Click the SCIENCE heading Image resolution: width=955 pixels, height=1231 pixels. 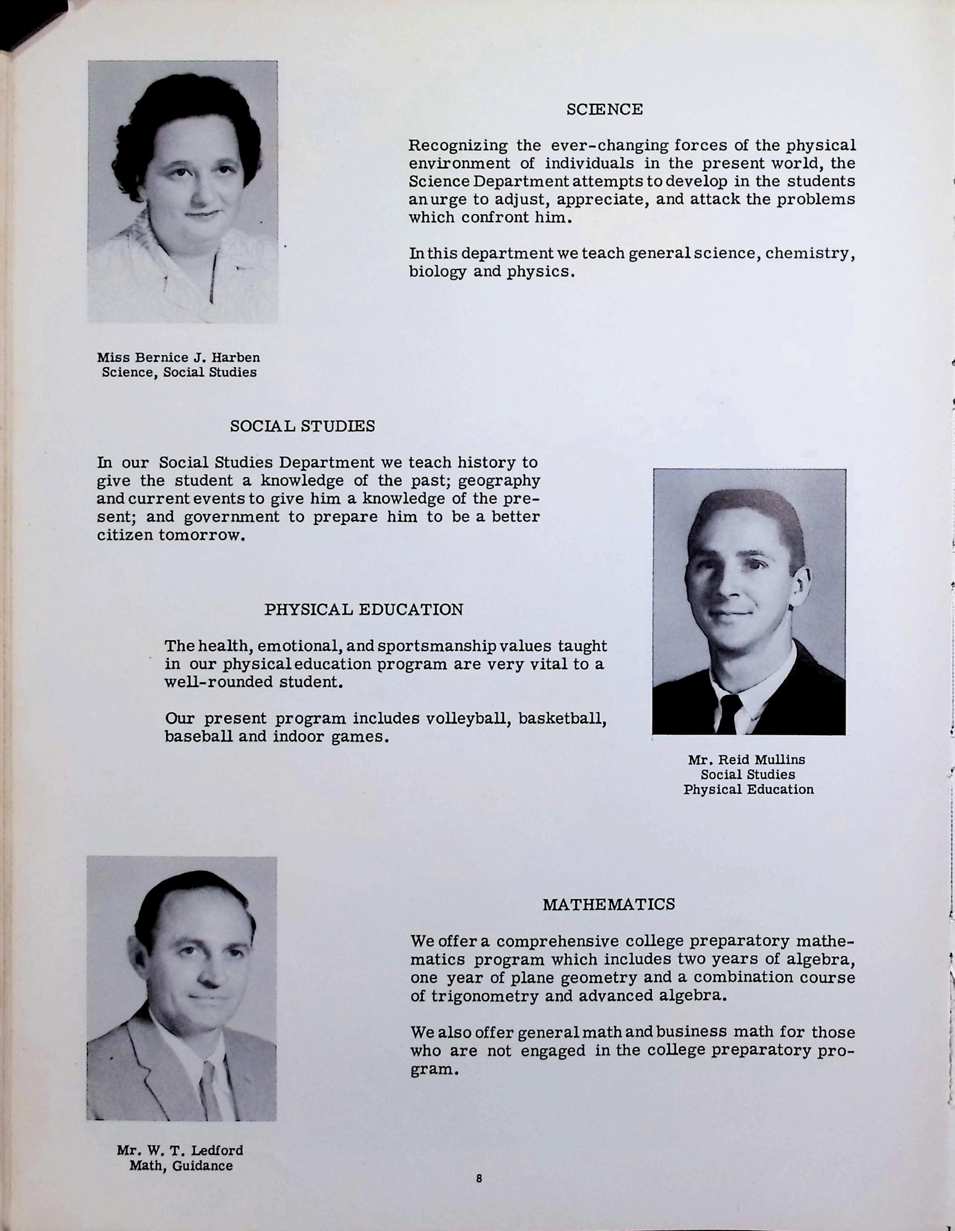click(x=604, y=109)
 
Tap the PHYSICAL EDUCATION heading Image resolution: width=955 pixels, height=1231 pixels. click(x=364, y=609)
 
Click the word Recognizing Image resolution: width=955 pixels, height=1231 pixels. click(x=457, y=146)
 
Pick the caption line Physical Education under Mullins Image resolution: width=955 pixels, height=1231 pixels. click(x=748, y=790)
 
